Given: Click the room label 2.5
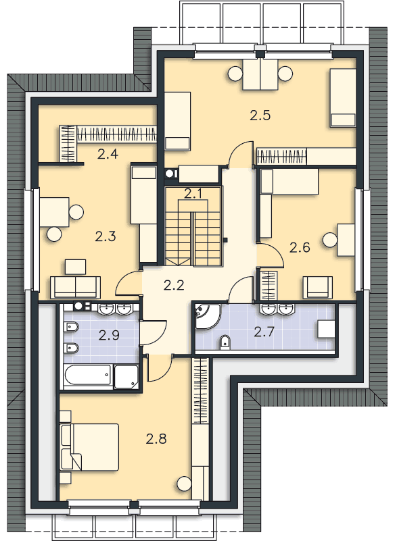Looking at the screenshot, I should pyautogui.click(x=260, y=115).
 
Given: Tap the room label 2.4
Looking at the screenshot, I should pyautogui.click(x=108, y=154).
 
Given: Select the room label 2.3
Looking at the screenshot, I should pyautogui.click(x=106, y=236).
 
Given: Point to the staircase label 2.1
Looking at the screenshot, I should pyautogui.click(x=193, y=194).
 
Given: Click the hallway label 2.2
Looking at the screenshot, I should pyautogui.click(x=174, y=284).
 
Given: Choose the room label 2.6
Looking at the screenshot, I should pyautogui.click(x=299, y=247).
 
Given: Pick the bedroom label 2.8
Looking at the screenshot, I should pyautogui.click(x=156, y=439).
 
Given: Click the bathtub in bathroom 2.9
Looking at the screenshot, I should pyautogui.click(x=87, y=376).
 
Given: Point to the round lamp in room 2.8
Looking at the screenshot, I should pyautogui.click(x=184, y=484).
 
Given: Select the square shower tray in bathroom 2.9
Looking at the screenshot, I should pyautogui.click(x=126, y=376).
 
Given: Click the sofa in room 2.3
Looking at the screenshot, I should pyautogui.click(x=76, y=286).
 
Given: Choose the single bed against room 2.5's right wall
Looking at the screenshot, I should pyautogui.click(x=343, y=98).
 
